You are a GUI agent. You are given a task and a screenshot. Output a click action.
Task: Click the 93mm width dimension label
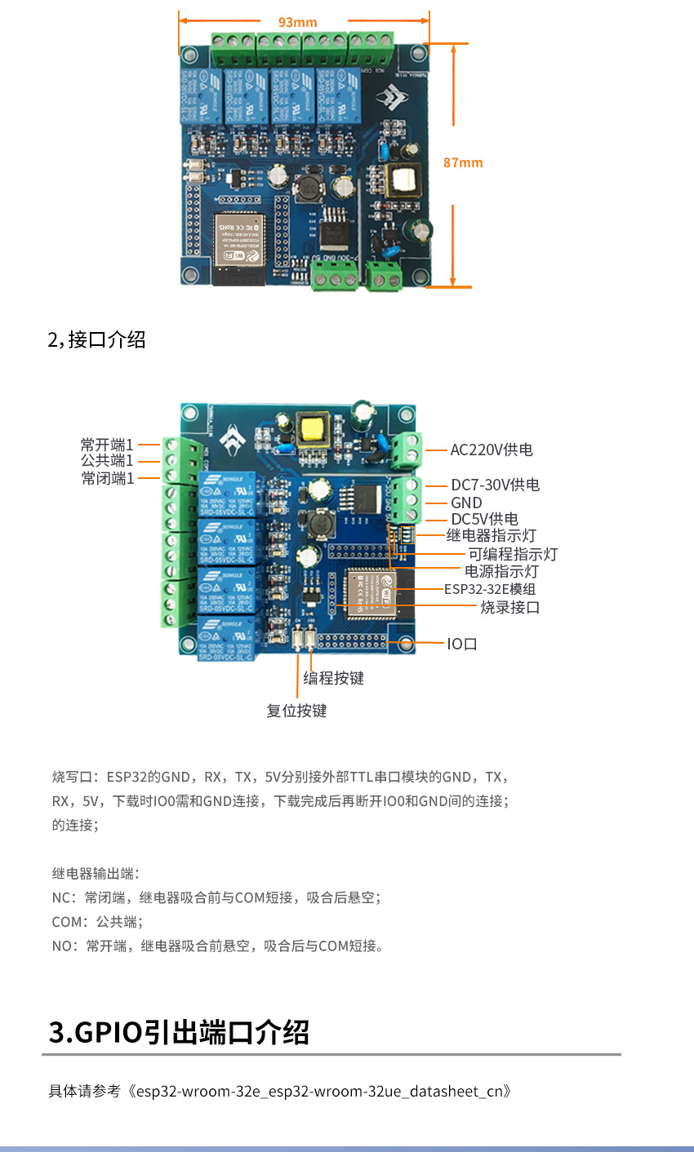(x=298, y=22)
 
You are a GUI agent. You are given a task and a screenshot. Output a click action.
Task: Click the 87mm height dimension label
(x=463, y=162)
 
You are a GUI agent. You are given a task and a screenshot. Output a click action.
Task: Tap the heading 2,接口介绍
(x=96, y=339)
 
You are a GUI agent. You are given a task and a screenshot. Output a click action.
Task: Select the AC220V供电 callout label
(x=492, y=450)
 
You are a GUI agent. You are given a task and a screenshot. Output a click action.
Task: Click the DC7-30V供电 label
(x=495, y=485)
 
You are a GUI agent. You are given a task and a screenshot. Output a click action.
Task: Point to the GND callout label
(x=466, y=503)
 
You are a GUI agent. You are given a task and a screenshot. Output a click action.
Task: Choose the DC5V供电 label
(x=484, y=519)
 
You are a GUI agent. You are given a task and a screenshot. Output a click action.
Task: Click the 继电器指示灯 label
(x=491, y=535)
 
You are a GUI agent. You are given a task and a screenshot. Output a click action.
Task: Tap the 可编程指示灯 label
(x=513, y=554)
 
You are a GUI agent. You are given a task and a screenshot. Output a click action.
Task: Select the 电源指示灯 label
(x=501, y=571)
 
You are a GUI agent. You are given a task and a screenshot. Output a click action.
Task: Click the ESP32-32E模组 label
(x=490, y=589)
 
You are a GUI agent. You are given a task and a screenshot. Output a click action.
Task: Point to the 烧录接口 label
(x=509, y=607)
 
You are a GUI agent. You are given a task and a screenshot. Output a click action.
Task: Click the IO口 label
(x=462, y=644)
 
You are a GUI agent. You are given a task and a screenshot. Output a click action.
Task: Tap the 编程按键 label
(x=333, y=678)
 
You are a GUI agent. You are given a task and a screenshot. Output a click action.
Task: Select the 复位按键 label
(x=296, y=711)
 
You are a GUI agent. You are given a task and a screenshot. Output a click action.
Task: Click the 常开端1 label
(x=107, y=445)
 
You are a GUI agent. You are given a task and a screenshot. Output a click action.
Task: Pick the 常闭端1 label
(x=107, y=478)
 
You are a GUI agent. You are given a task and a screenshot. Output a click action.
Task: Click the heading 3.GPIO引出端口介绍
(x=180, y=1032)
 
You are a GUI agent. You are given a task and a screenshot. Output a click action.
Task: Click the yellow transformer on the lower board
(x=312, y=428)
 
